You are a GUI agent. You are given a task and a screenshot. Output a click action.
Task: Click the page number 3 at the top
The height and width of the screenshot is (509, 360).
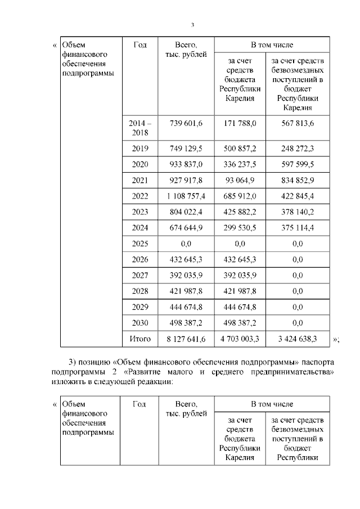[192, 25]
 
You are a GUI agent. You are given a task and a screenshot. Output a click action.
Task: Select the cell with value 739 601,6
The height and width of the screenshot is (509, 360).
[186, 123]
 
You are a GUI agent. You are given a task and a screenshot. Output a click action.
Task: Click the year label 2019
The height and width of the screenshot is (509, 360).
[139, 148]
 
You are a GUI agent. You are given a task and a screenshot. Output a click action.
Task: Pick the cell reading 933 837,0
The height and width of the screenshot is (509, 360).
[186, 164]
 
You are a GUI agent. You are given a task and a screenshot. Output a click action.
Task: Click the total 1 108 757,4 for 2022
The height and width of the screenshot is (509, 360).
[186, 196]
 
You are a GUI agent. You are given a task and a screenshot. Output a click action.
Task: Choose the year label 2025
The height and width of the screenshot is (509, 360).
[139, 244]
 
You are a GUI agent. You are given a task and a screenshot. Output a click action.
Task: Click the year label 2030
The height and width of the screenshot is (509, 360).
[139, 323]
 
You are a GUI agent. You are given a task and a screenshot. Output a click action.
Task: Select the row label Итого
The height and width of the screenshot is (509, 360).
[140, 339]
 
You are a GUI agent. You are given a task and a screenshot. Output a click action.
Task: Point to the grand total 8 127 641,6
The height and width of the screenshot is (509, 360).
[186, 339]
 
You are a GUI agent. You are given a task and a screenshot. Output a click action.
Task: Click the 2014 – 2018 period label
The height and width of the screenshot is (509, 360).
[139, 128]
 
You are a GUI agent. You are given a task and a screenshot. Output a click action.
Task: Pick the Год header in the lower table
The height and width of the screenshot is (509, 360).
[140, 404]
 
